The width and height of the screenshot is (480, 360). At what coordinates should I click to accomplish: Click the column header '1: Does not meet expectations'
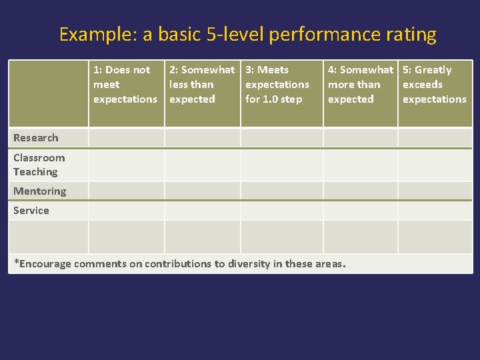click(x=125, y=85)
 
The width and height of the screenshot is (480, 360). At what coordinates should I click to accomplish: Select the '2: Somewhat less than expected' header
click(x=201, y=85)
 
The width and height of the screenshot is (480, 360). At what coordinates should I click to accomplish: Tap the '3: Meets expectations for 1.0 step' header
click(x=277, y=85)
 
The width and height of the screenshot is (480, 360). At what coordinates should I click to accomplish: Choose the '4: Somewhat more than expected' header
click(x=360, y=85)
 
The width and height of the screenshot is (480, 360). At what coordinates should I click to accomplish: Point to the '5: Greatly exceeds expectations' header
click(x=434, y=85)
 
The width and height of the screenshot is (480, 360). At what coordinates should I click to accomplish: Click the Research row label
click(x=36, y=138)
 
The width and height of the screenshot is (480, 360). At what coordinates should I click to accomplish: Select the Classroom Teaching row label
click(x=39, y=165)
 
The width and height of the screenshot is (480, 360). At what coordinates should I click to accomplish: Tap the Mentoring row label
click(x=40, y=191)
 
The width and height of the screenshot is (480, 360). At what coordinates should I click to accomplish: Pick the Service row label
click(x=31, y=211)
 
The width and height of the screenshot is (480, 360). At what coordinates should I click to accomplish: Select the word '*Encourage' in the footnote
click(x=43, y=264)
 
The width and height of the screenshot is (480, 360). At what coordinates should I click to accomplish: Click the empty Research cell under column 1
click(x=126, y=138)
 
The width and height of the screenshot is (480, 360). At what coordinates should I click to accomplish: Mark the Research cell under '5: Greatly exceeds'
click(x=435, y=138)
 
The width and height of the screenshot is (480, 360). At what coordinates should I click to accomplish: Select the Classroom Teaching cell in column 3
click(x=281, y=165)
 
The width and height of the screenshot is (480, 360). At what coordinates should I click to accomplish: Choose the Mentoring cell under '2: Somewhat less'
click(x=202, y=191)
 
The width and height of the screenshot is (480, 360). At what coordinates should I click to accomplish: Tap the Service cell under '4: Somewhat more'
click(x=360, y=211)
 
